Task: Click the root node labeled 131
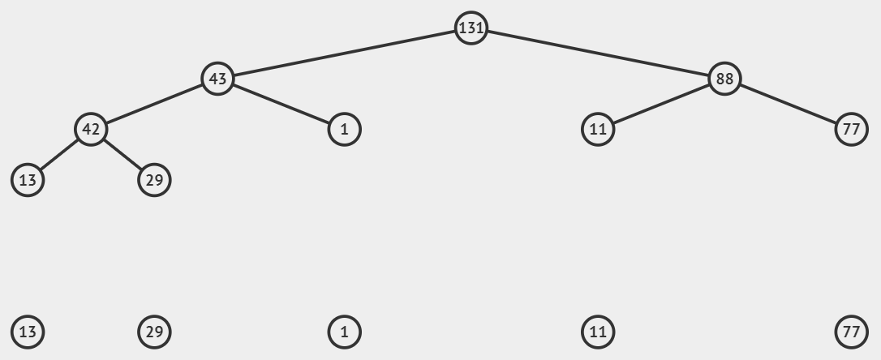(x=471, y=28)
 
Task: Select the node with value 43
(x=217, y=79)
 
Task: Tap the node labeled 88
(x=724, y=79)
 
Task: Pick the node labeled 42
(x=91, y=129)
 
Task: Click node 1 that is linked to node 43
(x=344, y=129)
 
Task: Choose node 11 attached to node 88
(x=598, y=129)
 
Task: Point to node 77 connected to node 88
(x=851, y=129)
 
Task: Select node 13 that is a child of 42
(x=28, y=179)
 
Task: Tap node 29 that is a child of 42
(x=154, y=179)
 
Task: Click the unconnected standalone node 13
(x=28, y=332)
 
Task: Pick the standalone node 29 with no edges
(x=154, y=332)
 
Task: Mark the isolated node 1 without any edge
(x=344, y=332)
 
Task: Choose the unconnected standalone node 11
(x=598, y=332)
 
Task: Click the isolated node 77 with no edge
(x=851, y=332)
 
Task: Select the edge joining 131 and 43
(x=344, y=54)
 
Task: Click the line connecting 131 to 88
(x=598, y=54)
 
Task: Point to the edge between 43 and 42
(x=154, y=104)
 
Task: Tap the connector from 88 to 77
(x=788, y=104)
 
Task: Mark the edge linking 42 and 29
(x=122, y=154)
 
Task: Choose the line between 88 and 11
(x=661, y=104)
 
